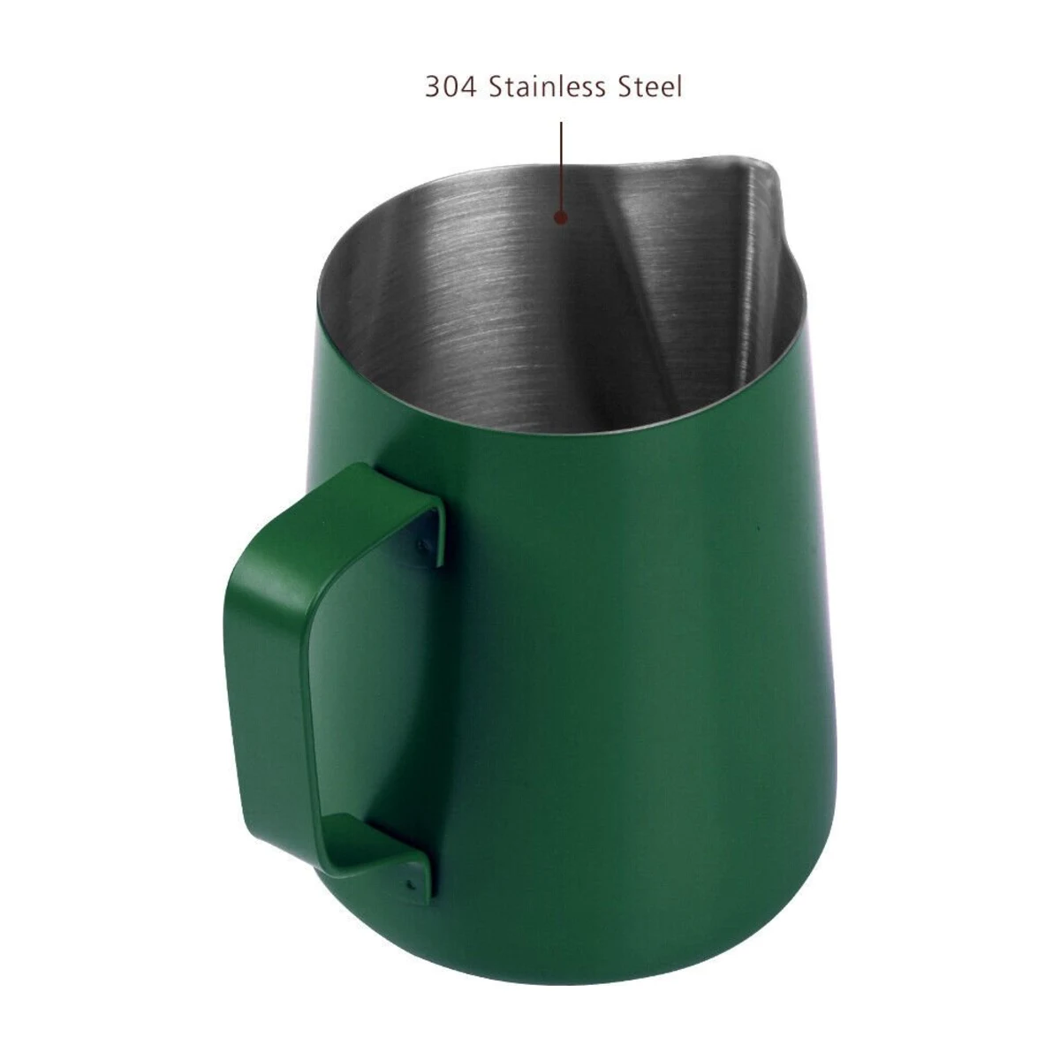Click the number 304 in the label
[x=450, y=87]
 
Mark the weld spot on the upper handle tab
[x=421, y=545]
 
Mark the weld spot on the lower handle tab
[x=409, y=886]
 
